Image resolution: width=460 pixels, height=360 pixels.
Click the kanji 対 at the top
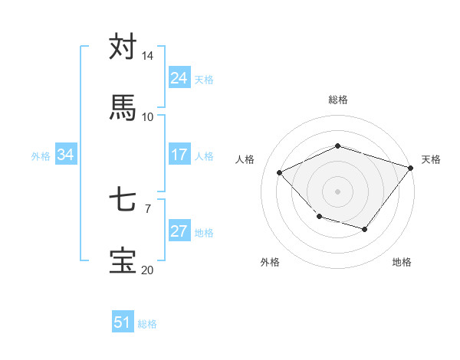tap(123, 47)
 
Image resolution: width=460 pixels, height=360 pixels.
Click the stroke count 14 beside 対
tap(148, 56)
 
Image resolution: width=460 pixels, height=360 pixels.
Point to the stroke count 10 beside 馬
tap(148, 116)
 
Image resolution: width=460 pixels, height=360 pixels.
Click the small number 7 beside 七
tap(148, 208)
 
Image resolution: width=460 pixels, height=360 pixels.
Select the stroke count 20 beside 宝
tap(148, 270)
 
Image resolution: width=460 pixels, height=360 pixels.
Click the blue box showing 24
tap(179, 78)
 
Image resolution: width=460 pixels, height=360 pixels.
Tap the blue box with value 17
tap(179, 155)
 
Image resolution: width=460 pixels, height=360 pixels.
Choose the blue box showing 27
tap(179, 231)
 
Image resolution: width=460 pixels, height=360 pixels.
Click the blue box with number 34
tap(66, 155)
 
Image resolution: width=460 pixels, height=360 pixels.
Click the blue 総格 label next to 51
tap(147, 324)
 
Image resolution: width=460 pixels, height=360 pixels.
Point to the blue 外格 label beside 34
tap(41, 155)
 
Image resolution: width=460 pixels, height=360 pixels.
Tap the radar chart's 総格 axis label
tap(337, 100)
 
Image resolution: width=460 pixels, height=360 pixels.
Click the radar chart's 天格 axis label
tap(432, 159)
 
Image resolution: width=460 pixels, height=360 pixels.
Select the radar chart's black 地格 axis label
tap(402, 262)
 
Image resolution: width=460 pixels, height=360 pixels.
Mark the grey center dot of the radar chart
tap(337, 191)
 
